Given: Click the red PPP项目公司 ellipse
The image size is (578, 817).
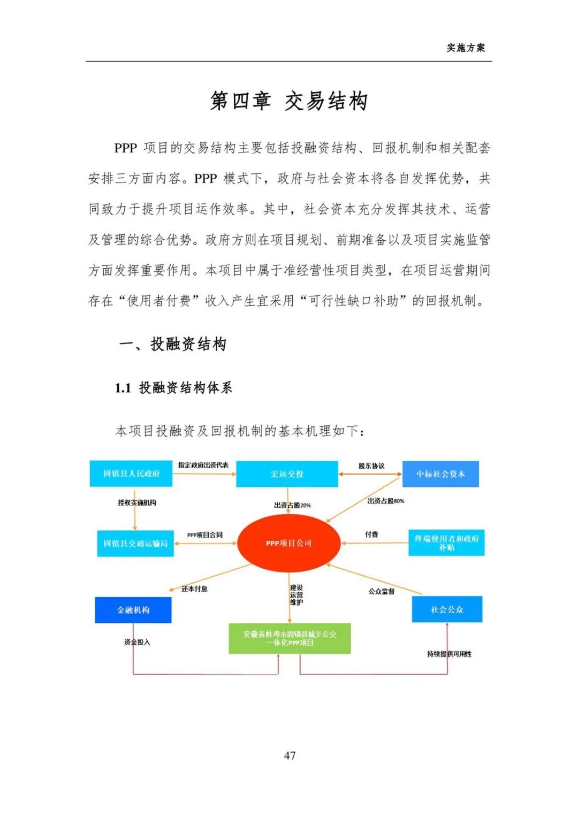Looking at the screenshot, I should pos(288,543).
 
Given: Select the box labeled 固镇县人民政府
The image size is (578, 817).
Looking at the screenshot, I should pos(131,474).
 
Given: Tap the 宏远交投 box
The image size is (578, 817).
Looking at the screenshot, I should pos(287,474).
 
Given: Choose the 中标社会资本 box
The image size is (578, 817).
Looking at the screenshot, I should pos(440,474).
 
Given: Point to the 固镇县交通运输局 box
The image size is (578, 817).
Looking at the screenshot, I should pos(135,544).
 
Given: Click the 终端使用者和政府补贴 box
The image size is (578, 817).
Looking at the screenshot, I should pos(446,543).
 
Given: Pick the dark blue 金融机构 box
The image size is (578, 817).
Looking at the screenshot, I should pos(133,610).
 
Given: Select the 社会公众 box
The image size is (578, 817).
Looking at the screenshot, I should pos(447,609).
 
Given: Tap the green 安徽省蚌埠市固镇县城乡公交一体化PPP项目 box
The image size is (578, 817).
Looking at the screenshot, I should pos(290,638).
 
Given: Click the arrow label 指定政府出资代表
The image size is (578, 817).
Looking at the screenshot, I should pos(203,465).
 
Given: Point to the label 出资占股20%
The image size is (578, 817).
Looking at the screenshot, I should pos(292,505).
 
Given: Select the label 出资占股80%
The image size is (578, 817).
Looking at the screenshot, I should pos(386,501).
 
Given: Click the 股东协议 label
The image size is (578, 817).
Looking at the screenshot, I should pos(371,466).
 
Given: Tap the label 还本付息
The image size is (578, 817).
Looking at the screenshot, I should pos(194,589).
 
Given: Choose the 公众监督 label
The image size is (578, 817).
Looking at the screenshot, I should pos(382,591).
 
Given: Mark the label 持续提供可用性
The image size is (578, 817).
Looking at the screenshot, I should pos(450,654).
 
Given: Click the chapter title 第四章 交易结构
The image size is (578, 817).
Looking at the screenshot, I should pos(288,101).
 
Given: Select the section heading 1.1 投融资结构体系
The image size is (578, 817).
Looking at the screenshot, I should pos(173,388).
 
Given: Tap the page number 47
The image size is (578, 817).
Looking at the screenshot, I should pos(290,755).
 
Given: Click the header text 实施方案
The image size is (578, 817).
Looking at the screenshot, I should pos(466,48).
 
